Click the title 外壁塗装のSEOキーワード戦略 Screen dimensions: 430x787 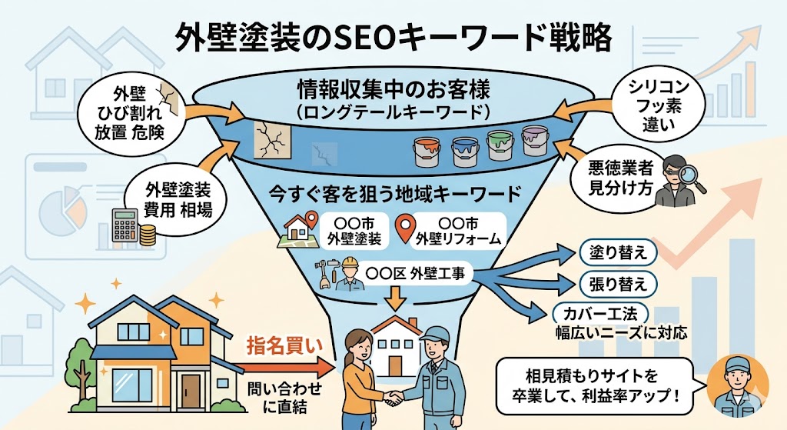tap(393, 36)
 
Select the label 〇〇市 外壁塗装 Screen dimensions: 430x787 tap(352, 229)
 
